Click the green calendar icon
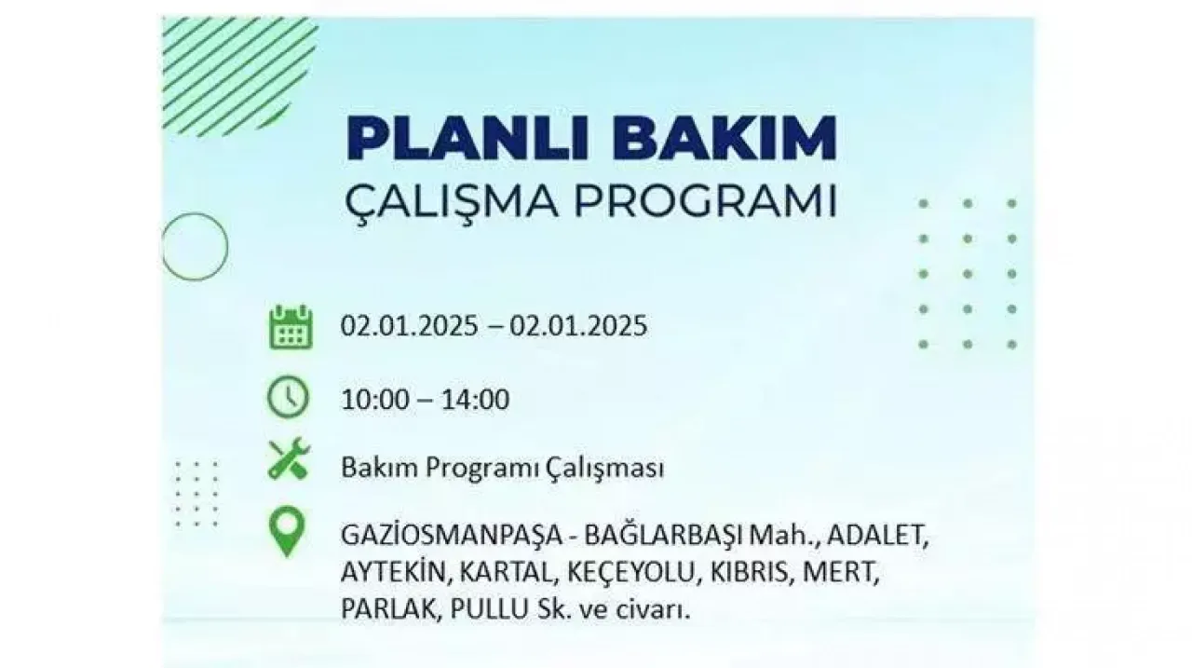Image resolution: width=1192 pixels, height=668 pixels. point(291,327)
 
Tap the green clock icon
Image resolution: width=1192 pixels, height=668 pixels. point(288,397)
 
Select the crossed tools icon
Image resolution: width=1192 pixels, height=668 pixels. point(289,458)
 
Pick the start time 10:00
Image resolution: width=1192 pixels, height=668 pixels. point(375,399)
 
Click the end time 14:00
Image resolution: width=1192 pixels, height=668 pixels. point(475,399)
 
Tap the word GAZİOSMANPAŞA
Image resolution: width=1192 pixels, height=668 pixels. point(452,536)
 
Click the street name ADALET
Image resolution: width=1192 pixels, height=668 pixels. point(877,536)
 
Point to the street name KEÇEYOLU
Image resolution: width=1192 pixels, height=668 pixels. point(631,573)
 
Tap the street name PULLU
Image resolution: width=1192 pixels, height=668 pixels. point(489,609)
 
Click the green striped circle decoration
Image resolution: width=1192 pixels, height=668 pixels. point(240,75)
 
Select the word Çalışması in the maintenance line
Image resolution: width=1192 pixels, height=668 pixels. point(604,469)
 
